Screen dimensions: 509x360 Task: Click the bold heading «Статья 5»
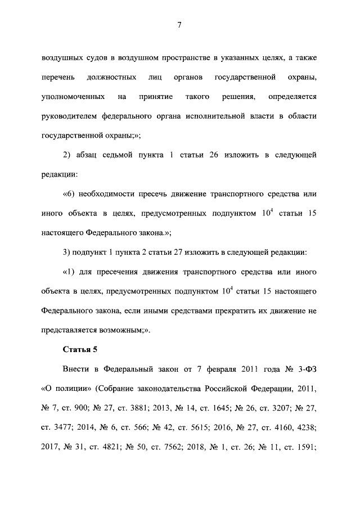pyautogui.click(x=80, y=350)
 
